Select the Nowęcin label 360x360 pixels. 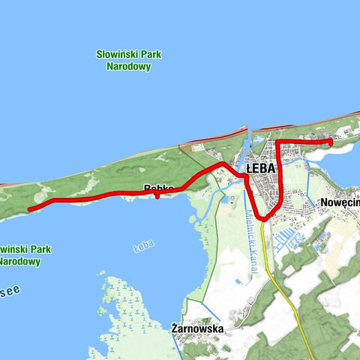[340, 202]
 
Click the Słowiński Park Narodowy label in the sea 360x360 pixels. [129, 60]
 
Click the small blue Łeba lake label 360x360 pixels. [142, 245]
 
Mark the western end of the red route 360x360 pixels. [29, 209]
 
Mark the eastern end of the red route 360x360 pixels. [331, 142]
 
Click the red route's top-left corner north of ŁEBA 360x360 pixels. [278, 142]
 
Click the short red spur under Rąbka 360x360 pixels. [157, 196]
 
